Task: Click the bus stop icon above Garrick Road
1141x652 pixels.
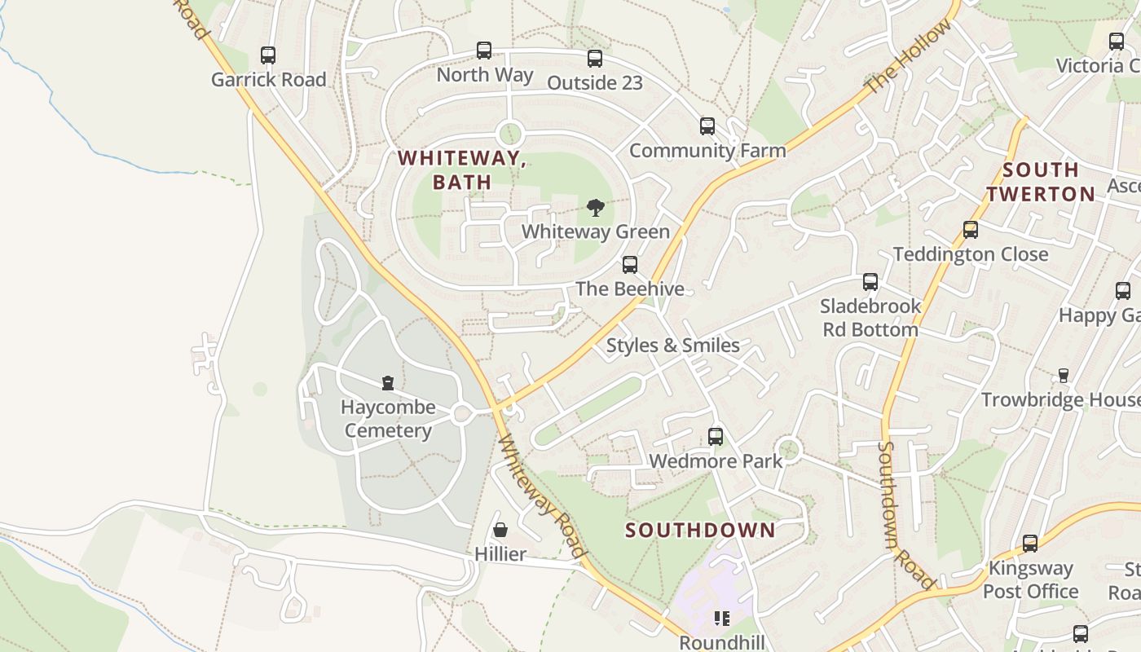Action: (268, 55)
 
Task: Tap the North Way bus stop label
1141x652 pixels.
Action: (485, 75)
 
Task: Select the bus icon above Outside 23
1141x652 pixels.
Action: (595, 59)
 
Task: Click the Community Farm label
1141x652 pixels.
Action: (707, 151)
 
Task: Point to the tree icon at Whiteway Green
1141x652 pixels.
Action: (596, 208)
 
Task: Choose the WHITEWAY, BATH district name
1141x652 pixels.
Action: (462, 170)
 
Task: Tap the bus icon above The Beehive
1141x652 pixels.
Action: (630, 265)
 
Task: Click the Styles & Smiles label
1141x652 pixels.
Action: (673, 346)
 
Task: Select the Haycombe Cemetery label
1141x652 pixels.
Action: (388, 419)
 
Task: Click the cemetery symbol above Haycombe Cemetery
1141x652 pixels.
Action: (388, 383)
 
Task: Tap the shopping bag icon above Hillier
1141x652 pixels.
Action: (500, 530)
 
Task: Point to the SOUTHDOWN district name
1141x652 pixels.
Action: (700, 531)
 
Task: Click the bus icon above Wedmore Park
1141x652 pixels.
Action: (716, 437)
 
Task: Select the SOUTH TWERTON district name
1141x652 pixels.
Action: (1041, 182)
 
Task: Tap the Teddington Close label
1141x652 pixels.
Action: (971, 254)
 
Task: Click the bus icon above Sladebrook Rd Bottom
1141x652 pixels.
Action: (870, 282)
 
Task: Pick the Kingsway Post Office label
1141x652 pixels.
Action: (1030, 579)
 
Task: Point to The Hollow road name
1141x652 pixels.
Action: (909, 57)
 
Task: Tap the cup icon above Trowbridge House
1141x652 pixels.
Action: (1063, 376)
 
